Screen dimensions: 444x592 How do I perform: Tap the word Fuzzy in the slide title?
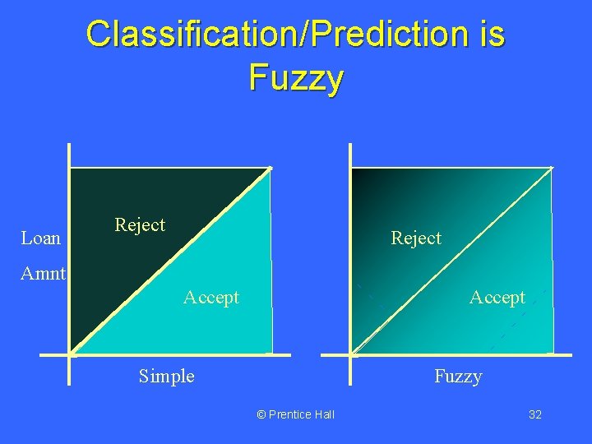click(295, 79)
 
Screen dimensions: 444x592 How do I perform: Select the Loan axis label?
click(41, 238)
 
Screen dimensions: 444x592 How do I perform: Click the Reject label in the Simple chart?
click(140, 225)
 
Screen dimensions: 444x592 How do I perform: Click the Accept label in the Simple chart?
click(211, 298)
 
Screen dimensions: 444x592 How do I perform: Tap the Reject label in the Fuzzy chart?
click(416, 238)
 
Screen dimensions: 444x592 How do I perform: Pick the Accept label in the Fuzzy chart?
click(497, 298)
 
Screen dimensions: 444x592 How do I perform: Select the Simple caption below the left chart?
click(167, 377)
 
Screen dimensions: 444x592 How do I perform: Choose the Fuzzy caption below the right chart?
click(458, 377)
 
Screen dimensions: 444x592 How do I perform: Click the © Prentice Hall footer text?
click(296, 414)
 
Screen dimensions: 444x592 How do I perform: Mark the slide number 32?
click(534, 414)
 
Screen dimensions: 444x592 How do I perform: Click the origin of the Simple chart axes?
click(70, 354)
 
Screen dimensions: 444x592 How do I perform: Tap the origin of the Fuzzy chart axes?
click(351, 354)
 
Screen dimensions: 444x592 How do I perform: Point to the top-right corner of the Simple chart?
click(271, 169)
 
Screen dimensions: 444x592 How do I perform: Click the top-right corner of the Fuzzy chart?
click(551, 169)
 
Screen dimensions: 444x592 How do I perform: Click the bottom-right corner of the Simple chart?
click(271, 354)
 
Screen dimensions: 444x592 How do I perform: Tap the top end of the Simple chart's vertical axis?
click(70, 146)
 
